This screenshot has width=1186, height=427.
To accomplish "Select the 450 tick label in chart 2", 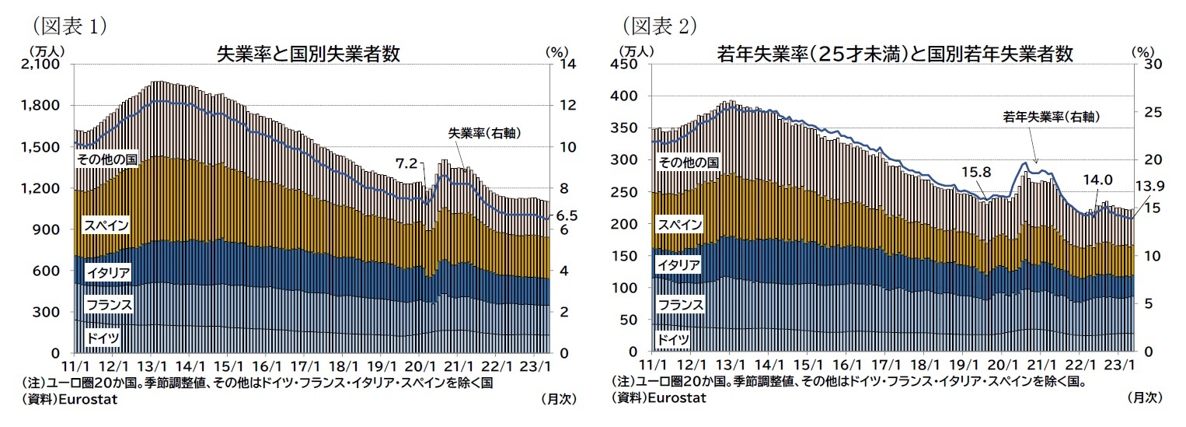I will (x=630, y=65).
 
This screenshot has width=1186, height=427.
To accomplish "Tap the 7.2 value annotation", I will (x=406, y=163).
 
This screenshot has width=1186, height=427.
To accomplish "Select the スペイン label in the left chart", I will (x=106, y=226).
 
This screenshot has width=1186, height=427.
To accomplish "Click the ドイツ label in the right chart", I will (x=673, y=339).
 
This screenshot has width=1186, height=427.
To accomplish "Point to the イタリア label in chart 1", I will (x=109, y=272).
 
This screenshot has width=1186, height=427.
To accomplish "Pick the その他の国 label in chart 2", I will (x=688, y=162).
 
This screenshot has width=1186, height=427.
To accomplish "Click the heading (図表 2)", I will (x=660, y=26).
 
